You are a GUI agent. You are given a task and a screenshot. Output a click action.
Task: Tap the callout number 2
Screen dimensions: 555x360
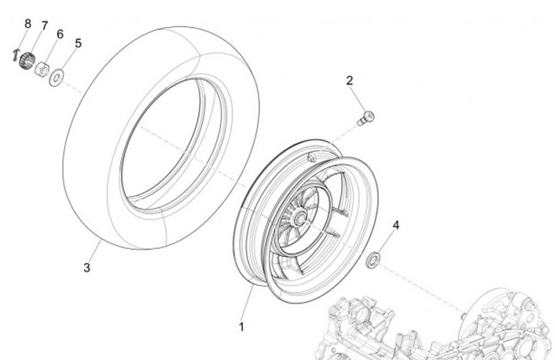349,80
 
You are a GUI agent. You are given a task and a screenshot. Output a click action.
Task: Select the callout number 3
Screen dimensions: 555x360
87,267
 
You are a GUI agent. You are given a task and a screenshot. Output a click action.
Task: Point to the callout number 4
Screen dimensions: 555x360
396,225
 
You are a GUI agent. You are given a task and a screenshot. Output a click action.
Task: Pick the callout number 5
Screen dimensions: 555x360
78,43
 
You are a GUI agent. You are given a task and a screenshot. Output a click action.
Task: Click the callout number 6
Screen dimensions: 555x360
60,35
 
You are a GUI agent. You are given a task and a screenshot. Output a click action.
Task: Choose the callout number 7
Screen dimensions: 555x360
44,26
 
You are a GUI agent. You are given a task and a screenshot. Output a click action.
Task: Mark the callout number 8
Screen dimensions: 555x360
28,23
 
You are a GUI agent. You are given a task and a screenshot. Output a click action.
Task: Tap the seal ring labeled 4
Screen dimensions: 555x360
373,258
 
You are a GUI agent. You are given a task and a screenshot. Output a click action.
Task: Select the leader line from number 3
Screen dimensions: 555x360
96,251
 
